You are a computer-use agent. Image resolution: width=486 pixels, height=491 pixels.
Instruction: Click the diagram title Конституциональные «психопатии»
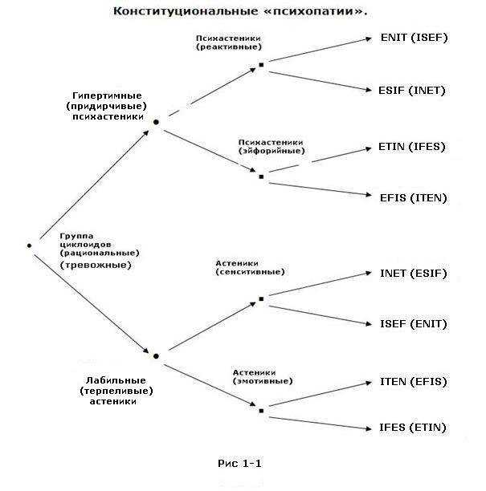tap(240, 11)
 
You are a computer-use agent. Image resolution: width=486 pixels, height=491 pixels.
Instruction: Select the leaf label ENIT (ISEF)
tap(415, 38)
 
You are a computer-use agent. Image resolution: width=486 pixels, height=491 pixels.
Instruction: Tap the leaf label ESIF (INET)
tap(411, 91)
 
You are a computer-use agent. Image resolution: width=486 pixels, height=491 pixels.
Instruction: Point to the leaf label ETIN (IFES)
tap(411, 147)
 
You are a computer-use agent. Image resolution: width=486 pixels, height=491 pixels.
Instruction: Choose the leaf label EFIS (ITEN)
tap(413, 198)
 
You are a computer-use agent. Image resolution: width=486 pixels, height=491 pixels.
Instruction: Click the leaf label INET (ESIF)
tap(413, 274)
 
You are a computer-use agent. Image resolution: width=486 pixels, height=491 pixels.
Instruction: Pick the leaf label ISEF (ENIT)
tap(413, 324)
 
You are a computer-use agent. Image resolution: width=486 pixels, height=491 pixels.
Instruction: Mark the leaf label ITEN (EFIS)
tap(413, 382)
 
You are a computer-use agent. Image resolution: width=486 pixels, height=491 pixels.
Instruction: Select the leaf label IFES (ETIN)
tap(413, 428)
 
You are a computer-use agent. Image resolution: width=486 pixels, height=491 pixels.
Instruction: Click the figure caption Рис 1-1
tap(239, 464)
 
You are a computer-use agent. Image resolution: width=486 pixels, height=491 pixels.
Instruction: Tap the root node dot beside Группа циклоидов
tap(29, 245)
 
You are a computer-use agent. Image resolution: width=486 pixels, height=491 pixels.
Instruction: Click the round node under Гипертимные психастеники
tap(156, 122)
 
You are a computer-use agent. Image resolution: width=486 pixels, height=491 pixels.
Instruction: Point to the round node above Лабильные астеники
tap(156, 356)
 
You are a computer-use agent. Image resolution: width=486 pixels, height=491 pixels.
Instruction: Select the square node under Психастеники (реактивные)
tap(261, 65)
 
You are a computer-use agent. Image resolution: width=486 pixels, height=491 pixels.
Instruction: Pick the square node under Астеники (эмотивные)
tap(261, 411)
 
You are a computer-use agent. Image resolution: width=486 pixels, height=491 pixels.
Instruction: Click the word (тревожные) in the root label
tap(96, 266)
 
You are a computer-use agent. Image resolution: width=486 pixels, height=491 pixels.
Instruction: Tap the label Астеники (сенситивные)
tap(250, 267)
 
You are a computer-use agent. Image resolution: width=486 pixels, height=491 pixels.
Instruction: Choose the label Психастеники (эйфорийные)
tap(272, 147)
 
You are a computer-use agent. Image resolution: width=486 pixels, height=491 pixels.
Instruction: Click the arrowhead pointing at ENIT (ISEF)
tap(369, 39)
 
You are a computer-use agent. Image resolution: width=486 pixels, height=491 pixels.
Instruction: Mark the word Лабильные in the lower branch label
tap(116, 380)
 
